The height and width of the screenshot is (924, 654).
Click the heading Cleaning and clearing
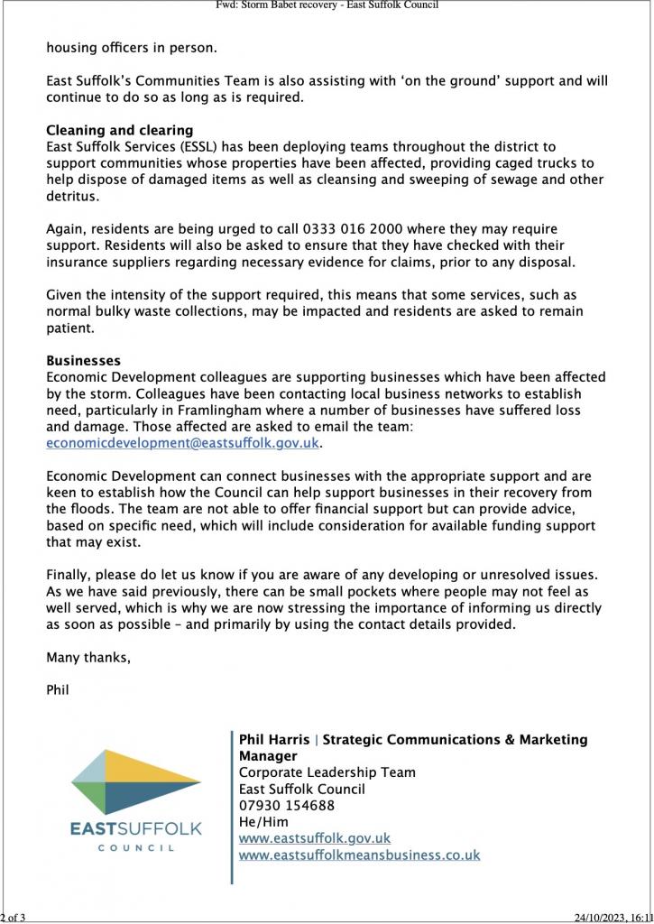point(119,131)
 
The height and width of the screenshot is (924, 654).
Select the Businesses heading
point(83,361)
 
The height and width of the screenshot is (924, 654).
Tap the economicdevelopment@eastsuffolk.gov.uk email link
point(183,443)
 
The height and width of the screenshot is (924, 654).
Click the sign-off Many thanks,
point(88,658)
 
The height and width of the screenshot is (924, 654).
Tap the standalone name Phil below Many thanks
point(58,690)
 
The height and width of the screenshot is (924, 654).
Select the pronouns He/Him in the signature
point(263,821)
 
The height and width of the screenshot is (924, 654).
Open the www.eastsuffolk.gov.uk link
point(314,838)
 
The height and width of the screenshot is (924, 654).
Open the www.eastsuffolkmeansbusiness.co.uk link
point(359,855)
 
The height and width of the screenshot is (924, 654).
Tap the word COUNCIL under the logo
point(136,848)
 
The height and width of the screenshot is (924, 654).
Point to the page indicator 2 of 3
point(14,918)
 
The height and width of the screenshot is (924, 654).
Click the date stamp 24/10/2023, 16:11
point(613,918)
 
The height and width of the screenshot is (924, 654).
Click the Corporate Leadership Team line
point(327,772)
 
